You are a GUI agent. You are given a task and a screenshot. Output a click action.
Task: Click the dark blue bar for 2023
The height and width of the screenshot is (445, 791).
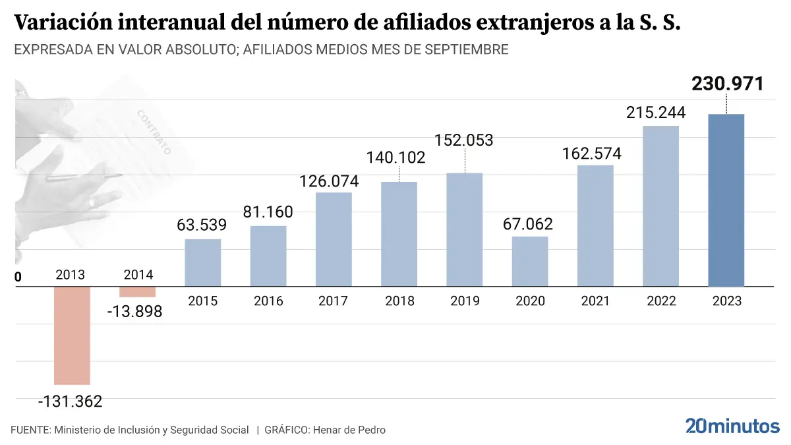point(726,200)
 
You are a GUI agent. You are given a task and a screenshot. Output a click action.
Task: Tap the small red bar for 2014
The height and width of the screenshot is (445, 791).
point(137,291)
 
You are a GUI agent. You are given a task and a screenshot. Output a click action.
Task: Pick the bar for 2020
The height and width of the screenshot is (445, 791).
point(530,261)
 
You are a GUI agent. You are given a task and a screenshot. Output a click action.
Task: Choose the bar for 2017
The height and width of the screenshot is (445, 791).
point(334,239)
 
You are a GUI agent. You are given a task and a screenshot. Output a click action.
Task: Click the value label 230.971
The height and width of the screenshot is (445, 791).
point(727,84)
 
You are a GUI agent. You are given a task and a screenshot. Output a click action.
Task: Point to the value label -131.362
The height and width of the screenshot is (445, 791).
point(71,401)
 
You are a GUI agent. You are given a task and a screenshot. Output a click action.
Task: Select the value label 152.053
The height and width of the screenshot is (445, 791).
point(464,140)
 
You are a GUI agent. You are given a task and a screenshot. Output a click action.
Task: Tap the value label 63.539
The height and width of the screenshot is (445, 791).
point(202,224)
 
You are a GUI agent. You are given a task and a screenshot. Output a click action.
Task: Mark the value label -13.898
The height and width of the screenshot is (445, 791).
point(134,311)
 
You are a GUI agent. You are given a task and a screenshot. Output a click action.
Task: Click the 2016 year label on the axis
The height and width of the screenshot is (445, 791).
point(268,301)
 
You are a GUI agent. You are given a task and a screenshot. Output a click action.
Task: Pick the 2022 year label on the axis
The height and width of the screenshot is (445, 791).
point(661,301)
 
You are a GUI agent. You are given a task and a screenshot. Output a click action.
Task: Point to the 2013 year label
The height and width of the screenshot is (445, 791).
point(71,274)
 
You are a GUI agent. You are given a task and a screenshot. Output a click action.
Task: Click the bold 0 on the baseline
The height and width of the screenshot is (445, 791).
point(18,278)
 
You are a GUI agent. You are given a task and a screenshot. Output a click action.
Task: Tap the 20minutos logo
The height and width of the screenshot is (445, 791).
point(732,426)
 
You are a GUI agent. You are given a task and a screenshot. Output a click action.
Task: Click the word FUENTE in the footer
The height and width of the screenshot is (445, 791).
point(30,430)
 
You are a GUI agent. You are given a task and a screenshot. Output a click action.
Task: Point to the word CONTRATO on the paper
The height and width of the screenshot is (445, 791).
point(154,132)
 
